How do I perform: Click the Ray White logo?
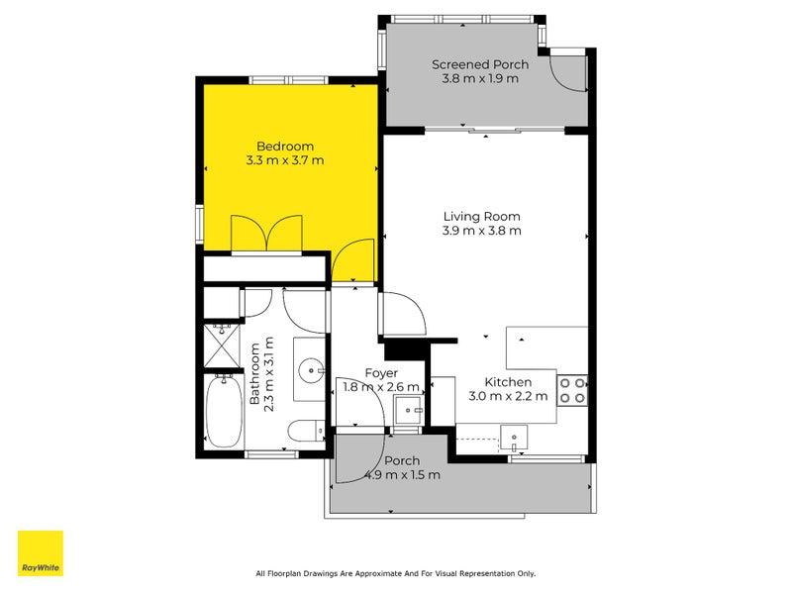pos(41,553)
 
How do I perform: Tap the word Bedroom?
pos(285,147)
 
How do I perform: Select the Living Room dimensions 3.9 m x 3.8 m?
pos(482,231)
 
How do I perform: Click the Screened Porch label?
pos(480,64)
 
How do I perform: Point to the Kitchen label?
pos(508,382)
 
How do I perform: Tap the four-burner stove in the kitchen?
pos(572,390)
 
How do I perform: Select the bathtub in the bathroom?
pos(224,411)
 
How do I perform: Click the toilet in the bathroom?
pos(306,431)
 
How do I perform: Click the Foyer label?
pos(381,373)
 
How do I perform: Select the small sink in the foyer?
pos(408,409)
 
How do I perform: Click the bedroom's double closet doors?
pos(265,234)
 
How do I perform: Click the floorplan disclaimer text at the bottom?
pos(395,573)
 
